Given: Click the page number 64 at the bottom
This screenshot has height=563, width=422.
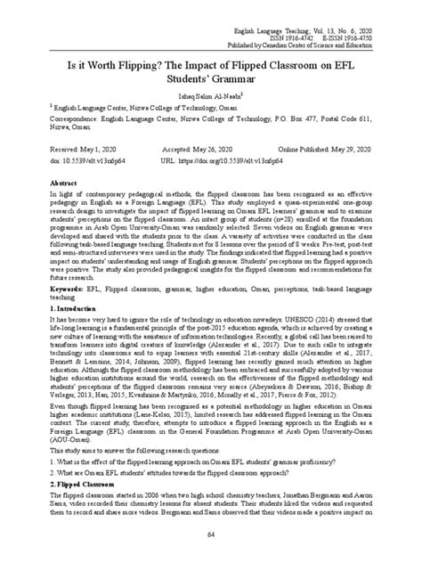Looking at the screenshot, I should (x=211, y=534).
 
